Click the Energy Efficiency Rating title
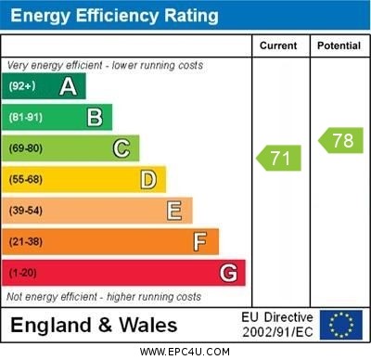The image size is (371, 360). [114, 16]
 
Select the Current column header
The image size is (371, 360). [278, 45]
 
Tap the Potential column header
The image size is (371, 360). [338, 45]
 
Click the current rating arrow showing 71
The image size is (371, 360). [279, 158]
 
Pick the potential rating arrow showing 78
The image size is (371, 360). [340, 141]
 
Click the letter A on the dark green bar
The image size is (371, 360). [68, 86]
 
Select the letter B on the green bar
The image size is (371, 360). [95, 117]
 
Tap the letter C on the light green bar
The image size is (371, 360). [122, 148]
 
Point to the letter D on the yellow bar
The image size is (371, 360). [148, 179]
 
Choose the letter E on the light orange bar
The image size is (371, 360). [174, 211]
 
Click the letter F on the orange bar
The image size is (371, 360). [200, 242]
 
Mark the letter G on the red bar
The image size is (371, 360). [228, 273]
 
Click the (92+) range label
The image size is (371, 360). [23, 86]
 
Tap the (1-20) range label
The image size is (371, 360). [24, 273]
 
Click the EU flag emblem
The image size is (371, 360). [341, 325]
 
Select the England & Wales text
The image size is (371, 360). [94, 326]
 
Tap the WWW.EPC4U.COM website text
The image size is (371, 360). [185, 352]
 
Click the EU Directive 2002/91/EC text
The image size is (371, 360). [277, 325]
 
